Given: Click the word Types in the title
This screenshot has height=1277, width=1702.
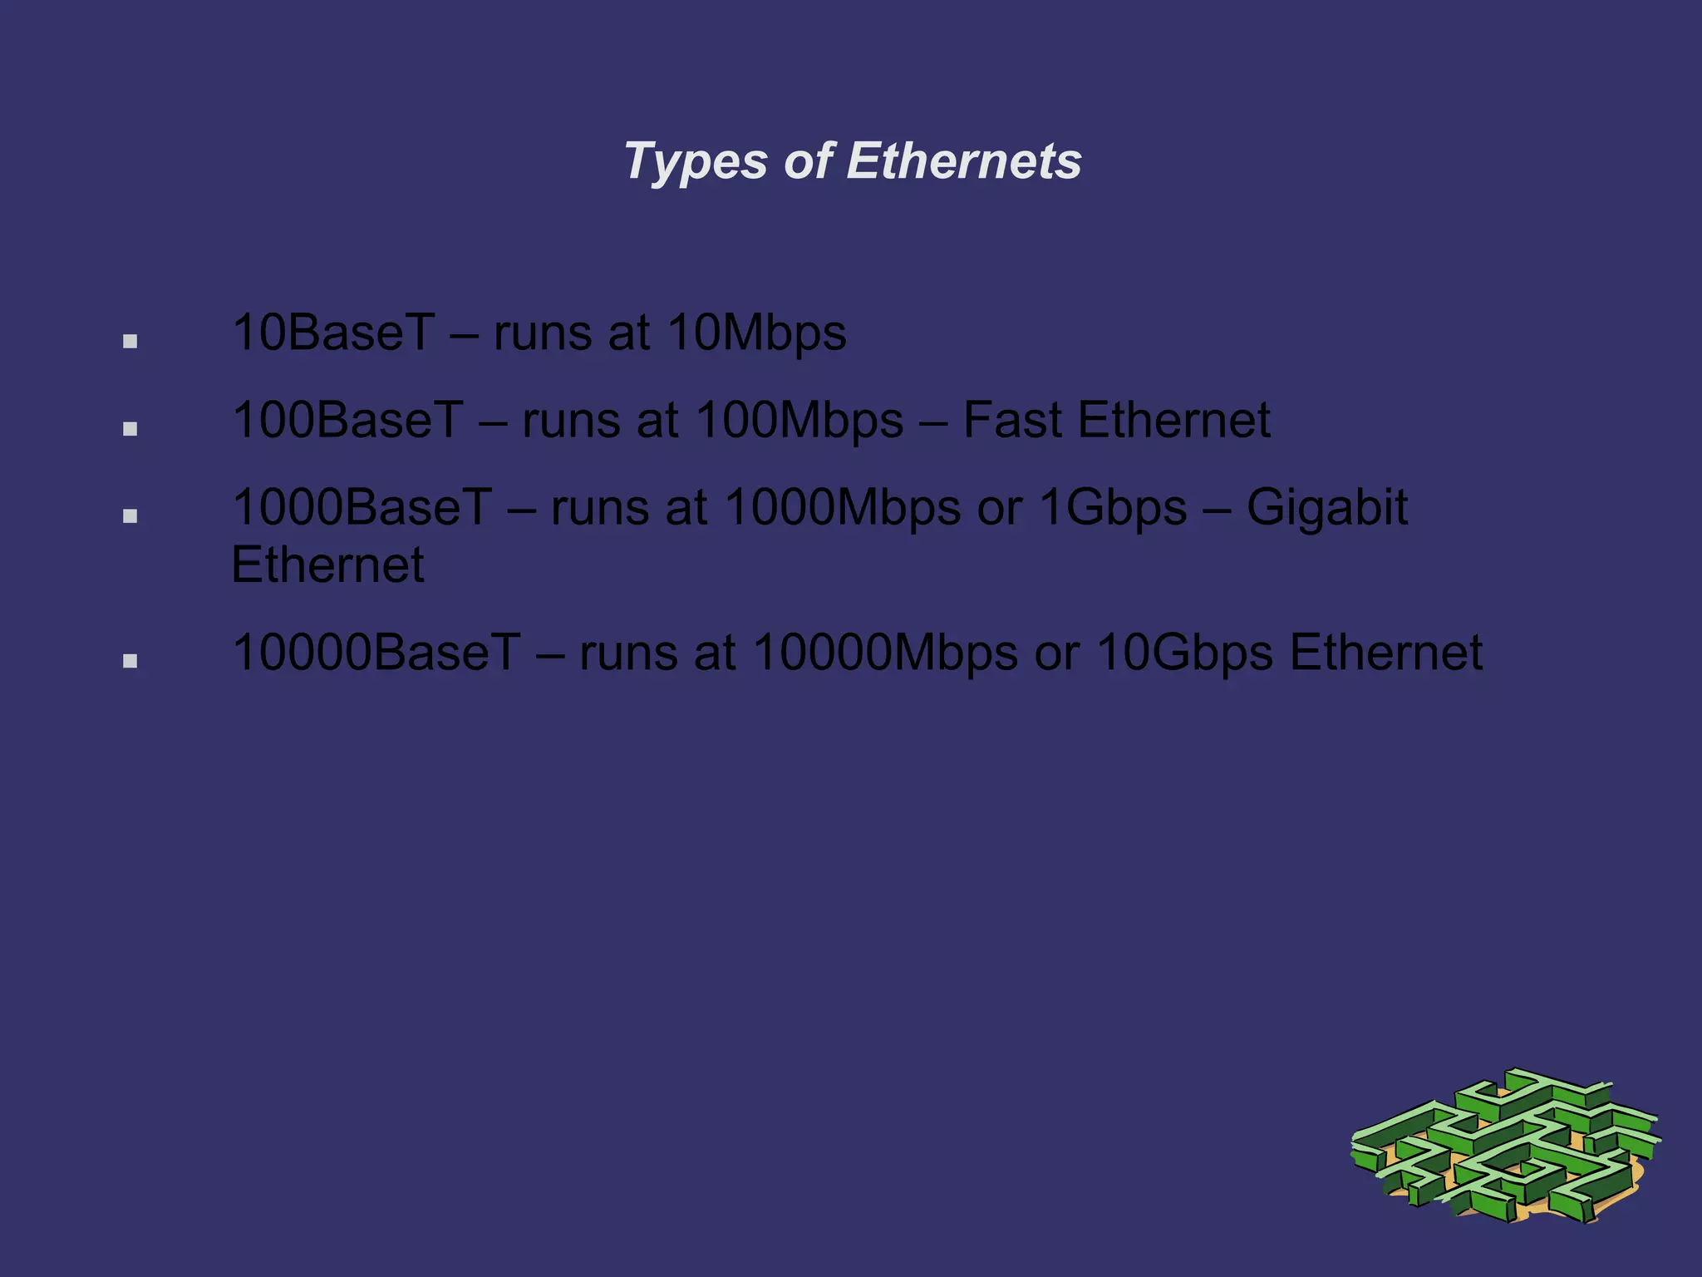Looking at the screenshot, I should [695, 161].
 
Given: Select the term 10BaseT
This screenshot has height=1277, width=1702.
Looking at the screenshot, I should [333, 333].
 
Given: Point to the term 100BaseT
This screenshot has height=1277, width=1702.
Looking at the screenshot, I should [347, 420].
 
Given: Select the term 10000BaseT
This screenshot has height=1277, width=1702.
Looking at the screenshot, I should [376, 653].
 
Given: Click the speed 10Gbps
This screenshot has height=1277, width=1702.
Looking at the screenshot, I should [1184, 653].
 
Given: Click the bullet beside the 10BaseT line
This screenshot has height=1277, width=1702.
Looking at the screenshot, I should [130, 341].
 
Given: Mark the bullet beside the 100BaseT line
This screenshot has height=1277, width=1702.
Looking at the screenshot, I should [130, 429].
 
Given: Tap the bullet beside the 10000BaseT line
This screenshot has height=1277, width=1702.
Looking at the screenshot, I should [130, 661].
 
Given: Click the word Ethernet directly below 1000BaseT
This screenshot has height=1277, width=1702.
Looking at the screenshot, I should [327, 565].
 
